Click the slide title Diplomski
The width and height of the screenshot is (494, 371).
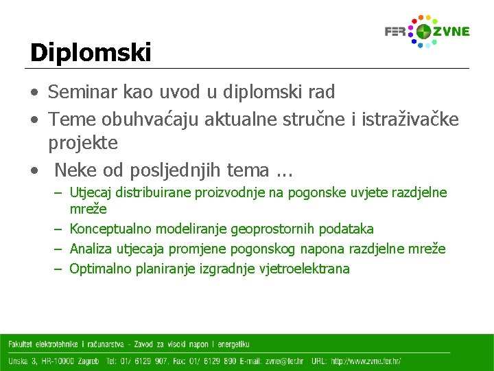(90, 52)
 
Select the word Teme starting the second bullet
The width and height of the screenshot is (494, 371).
(73, 120)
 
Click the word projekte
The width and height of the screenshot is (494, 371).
(83, 143)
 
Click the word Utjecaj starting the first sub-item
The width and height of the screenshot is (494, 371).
(93, 193)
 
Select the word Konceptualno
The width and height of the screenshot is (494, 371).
(111, 229)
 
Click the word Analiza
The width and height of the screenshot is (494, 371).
(91, 249)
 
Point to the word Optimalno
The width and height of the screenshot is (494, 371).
(100, 269)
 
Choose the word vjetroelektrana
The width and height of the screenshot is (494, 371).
(305, 269)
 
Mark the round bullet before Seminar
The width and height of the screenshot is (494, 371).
(34, 91)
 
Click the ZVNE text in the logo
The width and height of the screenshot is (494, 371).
(451, 32)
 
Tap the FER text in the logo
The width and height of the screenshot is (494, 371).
(395, 32)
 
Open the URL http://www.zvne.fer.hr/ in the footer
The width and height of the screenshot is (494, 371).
(366, 361)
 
